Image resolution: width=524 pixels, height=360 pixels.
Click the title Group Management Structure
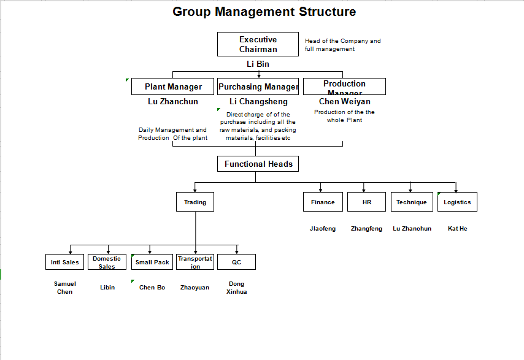pyautogui.click(x=264, y=12)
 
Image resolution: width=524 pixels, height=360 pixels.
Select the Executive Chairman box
pyautogui.click(x=258, y=44)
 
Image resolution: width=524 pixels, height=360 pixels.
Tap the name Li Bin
pyautogui.click(x=258, y=64)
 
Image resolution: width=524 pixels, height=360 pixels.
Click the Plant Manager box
pyautogui.click(x=173, y=86)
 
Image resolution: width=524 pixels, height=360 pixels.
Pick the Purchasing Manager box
pyautogui.click(x=258, y=86)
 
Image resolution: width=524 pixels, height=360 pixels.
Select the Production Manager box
pyautogui.click(x=344, y=86)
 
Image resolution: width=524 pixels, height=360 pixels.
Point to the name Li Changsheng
pyautogui.click(x=258, y=101)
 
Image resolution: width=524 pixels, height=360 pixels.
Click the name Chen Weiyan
pyautogui.click(x=344, y=101)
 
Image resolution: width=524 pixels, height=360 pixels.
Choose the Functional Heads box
pyautogui.click(x=258, y=164)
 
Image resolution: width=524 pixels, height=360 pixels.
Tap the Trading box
pyautogui.click(x=195, y=202)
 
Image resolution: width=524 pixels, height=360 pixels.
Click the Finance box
pyautogui.click(x=323, y=202)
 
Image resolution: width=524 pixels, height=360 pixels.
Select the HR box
pyautogui.click(x=367, y=202)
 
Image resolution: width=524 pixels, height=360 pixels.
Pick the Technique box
pyautogui.click(x=411, y=202)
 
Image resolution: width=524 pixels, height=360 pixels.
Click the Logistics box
pyautogui.click(x=457, y=202)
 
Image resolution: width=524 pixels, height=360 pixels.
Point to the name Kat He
pyautogui.click(x=457, y=229)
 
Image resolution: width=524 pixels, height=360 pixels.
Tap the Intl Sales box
pyautogui.click(x=64, y=262)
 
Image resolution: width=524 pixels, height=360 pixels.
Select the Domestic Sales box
pyautogui.click(x=107, y=262)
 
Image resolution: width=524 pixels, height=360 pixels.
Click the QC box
pyautogui.click(x=236, y=262)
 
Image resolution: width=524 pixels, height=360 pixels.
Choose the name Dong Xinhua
pyautogui.click(x=236, y=288)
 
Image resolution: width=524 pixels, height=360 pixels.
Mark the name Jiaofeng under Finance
pyautogui.click(x=323, y=229)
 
